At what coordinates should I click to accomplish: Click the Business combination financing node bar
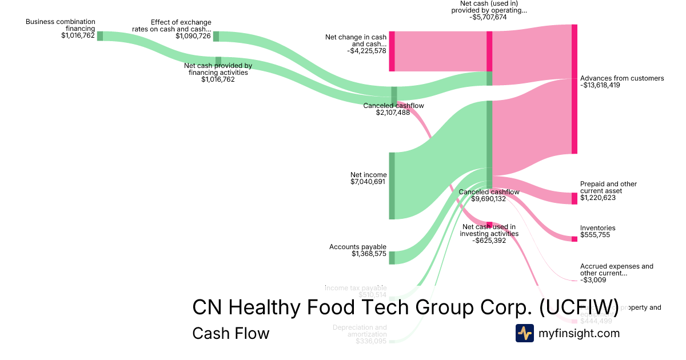tap(99, 36)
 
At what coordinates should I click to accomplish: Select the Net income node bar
tap(392, 186)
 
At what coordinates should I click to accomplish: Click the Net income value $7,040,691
tap(368, 182)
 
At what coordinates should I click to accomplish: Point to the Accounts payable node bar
tap(392, 258)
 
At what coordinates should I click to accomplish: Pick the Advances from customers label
tap(622, 78)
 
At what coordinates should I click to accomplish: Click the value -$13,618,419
tap(600, 85)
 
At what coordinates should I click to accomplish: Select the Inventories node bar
tap(574, 239)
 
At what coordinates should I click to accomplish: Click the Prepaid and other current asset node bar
tap(574, 198)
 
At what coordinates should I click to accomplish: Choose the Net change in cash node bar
tap(392, 51)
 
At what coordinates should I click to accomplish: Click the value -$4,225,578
tap(366, 51)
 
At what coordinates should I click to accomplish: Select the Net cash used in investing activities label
tap(489, 230)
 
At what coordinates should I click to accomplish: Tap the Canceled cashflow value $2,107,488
tap(393, 113)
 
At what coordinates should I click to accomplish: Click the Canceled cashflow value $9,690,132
tap(489, 199)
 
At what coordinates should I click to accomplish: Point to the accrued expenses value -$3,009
tap(592, 280)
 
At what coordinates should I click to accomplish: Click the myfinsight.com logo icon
tap(524, 333)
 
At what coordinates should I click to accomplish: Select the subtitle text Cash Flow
tap(230, 333)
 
